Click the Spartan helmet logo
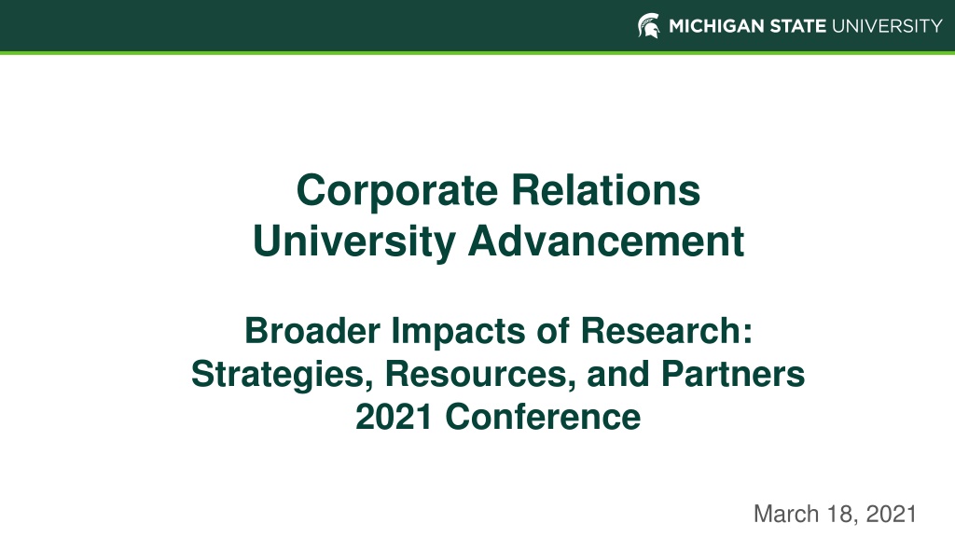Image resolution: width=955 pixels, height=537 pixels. [x=649, y=25]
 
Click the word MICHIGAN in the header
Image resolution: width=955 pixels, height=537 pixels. [x=716, y=26]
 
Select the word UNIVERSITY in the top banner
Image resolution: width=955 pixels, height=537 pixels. [x=888, y=26]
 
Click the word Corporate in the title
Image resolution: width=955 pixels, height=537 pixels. [x=397, y=191]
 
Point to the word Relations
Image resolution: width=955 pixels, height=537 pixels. [x=606, y=190]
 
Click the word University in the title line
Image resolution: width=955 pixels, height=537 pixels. [x=353, y=242]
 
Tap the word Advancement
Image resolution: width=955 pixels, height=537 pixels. [x=606, y=241]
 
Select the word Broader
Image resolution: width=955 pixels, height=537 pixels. [x=312, y=331]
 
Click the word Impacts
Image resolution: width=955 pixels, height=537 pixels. [x=458, y=332]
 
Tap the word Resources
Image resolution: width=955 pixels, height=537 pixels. [x=480, y=374]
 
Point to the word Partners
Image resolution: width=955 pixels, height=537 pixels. [x=733, y=373]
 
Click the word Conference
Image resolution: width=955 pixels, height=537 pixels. [x=543, y=417]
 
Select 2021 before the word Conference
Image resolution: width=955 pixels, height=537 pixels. [x=394, y=417]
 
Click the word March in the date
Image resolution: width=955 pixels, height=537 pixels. [x=786, y=514]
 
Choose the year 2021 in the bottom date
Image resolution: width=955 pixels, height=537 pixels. [x=891, y=514]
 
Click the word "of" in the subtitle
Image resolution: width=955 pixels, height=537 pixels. [x=553, y=331]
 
